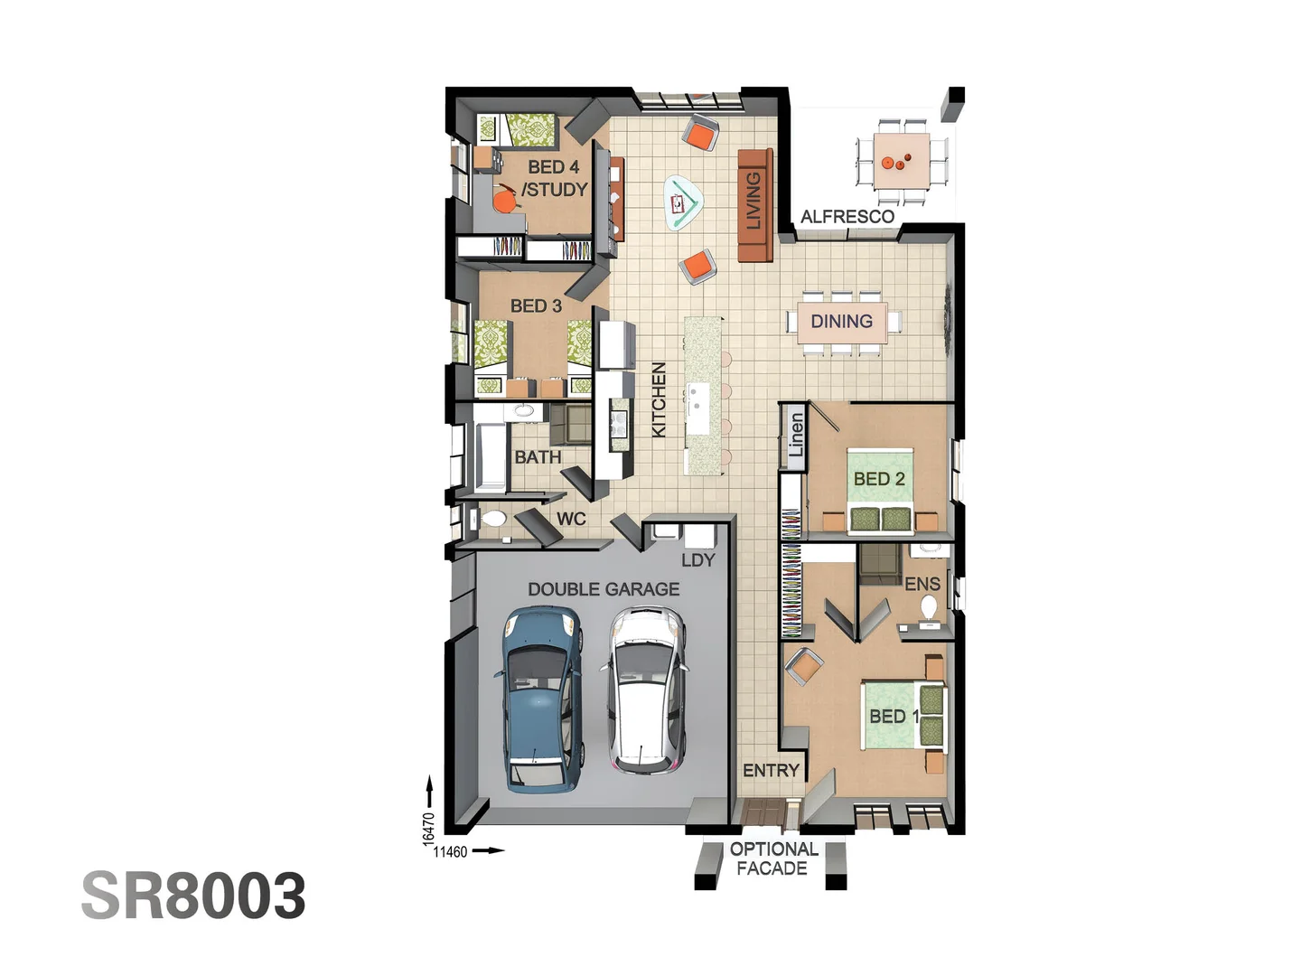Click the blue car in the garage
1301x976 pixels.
540,699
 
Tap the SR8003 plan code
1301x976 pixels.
193,896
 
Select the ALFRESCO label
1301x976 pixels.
847,217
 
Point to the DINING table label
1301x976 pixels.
842,321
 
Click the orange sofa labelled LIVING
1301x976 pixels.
755,205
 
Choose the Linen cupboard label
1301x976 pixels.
796,435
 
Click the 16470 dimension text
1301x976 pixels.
429,829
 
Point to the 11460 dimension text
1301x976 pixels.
451,852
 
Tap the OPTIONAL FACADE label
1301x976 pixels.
772,859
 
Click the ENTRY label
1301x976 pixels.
772,771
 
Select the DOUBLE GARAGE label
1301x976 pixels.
604,589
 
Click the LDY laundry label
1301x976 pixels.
698,560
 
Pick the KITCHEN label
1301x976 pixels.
659,400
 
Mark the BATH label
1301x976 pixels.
538,457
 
